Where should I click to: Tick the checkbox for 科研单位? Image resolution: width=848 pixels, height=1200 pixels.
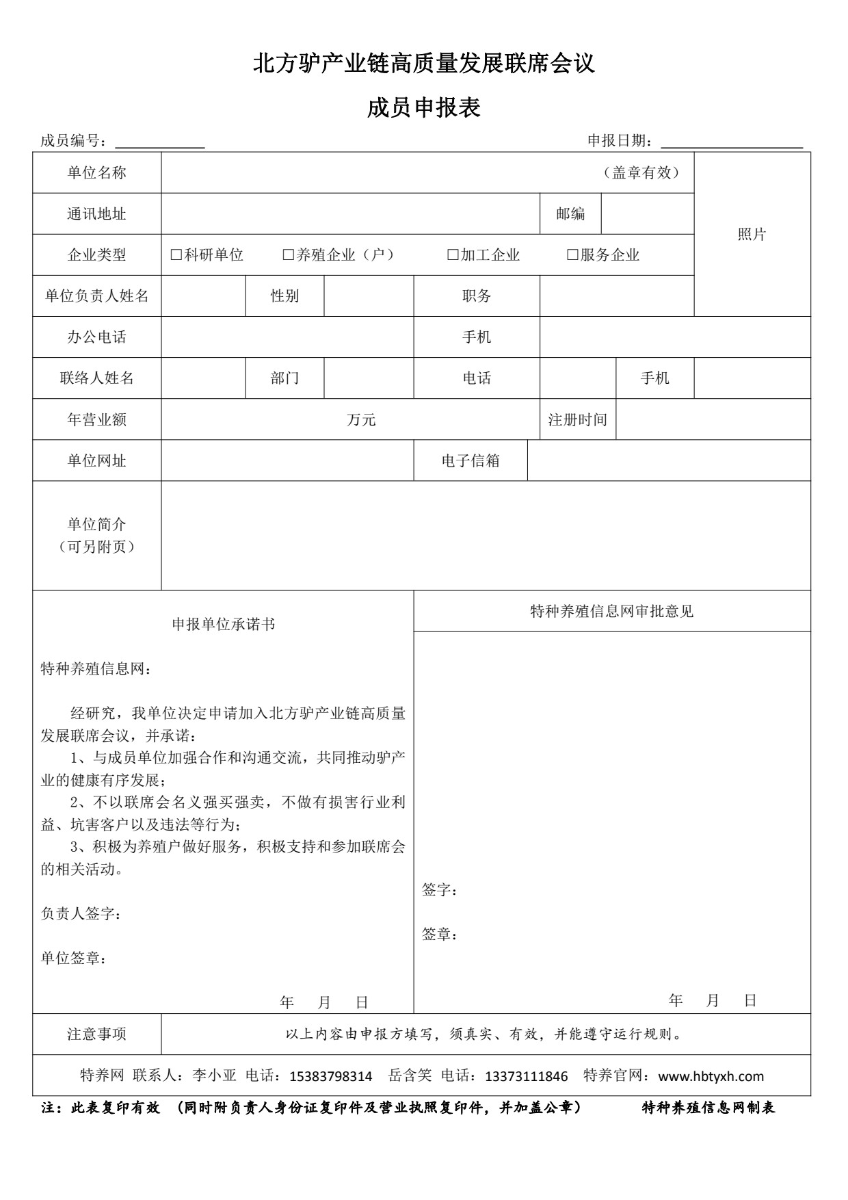pyautogui.click(x=176, y=255)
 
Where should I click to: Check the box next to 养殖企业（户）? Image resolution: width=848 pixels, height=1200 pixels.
pyautogui.click(x=289, y=255)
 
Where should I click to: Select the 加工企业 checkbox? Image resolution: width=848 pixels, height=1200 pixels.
pyautogui.click(x=453, y=255)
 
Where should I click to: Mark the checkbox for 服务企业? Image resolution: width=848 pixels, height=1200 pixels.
pyautogui.click(x=573, y=255)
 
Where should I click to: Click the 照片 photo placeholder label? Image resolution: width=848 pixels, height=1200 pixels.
pyautogui.click(x=752, y=234)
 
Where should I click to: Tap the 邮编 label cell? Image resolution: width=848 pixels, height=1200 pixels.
pyautogui.click(x=570, y=213)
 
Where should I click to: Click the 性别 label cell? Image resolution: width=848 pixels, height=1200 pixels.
pyautogui.click(x=284, y=296)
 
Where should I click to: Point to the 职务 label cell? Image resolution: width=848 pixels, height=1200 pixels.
pyautogui.click(x=477, y=296)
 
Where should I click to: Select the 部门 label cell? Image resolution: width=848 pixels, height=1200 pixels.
pyautogui.click(x=284, y=378)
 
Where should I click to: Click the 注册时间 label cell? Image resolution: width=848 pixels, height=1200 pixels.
pyautogui.click(x=578, y=419)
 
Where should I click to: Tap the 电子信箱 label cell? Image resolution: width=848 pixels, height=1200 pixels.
pyautogui.click(x=471, y=460)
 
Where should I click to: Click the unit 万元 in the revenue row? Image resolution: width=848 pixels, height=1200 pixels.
pyautogui.click(x=361, y=419)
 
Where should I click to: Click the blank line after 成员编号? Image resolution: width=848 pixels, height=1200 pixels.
pyautogui.click(x=160, y=142)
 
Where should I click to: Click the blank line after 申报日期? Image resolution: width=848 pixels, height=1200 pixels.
pyautogui.click(x=732, y=142)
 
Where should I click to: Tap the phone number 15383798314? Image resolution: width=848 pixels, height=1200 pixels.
pyautogui.click(x=331, y=1076)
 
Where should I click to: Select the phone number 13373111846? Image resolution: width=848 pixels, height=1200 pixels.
pyautogui.click(x=527, y=1076)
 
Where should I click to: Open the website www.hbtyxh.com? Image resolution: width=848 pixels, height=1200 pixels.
pyautogui.click(x=711, y=1076)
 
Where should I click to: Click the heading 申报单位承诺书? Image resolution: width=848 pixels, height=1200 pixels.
pyautogui.click(x=224, y=624)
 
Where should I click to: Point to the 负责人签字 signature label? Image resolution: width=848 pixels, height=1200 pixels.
pyautogui.click(x=81, y=913)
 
